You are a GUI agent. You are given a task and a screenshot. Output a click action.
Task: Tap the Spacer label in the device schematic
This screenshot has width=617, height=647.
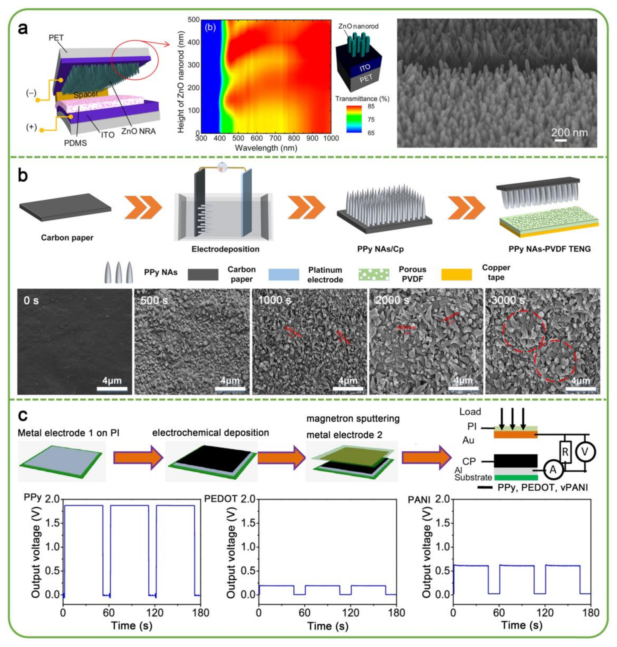pos(86,94)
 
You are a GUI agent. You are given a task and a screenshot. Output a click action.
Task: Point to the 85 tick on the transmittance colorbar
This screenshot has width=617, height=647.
pos(371,106)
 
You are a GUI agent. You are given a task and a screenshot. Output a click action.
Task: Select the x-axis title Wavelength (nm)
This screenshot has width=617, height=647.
pos(266,148)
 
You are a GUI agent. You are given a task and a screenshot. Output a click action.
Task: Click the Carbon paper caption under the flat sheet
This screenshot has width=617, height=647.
pos(67,238)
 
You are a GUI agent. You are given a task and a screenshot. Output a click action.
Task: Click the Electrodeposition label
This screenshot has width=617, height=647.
pos(225,249)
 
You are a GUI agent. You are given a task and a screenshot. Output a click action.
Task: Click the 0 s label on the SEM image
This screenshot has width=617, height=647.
pos(31,300)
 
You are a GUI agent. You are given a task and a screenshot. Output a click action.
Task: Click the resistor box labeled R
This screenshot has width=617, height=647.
pos(565,452)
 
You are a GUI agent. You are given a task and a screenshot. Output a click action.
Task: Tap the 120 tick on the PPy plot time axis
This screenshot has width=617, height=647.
pos(155,613)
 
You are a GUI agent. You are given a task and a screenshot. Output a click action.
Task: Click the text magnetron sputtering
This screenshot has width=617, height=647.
pos(353,419)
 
